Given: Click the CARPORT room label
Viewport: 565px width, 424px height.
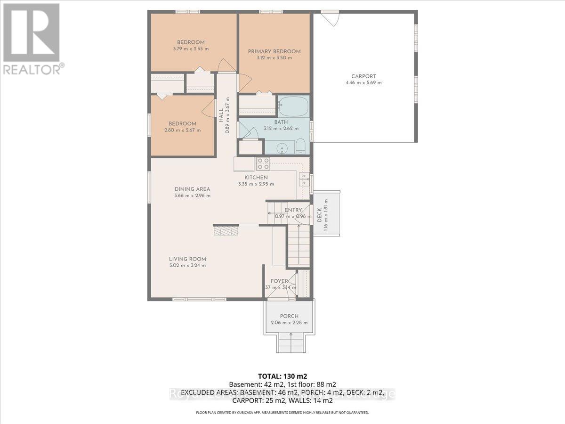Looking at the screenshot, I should click(x=363, y=76).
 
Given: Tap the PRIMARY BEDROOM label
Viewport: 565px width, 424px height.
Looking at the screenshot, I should click(x=274, y=51).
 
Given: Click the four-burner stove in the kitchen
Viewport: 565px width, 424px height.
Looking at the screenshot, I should click(x=263, y=163).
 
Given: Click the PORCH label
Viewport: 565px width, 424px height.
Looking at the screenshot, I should click(x=289, y=316).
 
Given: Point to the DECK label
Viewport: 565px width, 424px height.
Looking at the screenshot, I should click(x=319, y=215).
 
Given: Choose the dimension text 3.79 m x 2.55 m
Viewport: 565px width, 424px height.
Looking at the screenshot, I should click(x=191, y=49).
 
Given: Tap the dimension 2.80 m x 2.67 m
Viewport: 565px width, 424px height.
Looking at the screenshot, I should click(x=183, y=130).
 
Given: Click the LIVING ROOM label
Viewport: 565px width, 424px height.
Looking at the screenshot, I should click(x=187, y=259).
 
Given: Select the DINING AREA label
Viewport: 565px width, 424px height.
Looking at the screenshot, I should click(x=192, y=189).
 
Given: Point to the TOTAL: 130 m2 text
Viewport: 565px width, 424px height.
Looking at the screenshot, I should click(x=282, y=376).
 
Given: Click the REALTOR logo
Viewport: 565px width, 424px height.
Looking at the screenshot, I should click(x=32, y=38).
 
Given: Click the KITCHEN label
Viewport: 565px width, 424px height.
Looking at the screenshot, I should click(x=256, y=177).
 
